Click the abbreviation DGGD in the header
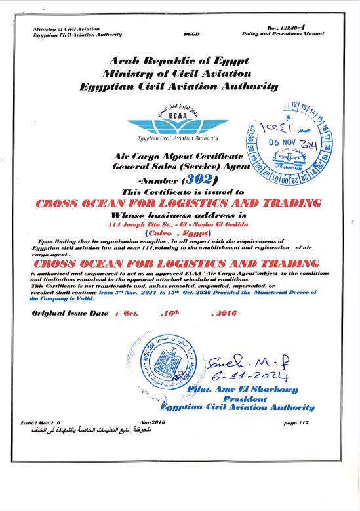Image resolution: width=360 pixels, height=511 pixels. point(191,33)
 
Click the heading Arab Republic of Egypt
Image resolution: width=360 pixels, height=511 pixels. point(180,61)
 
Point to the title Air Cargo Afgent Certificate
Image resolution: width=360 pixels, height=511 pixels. point(178,157)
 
